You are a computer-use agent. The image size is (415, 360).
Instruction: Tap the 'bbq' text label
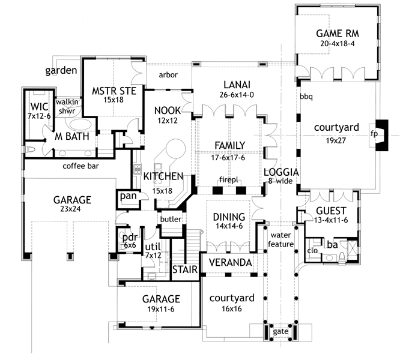(306, 96)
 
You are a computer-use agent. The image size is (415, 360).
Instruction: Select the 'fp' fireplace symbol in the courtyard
(374, 133)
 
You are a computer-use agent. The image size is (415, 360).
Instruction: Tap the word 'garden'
(61, 71)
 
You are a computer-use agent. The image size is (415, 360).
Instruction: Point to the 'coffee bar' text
(81, 166)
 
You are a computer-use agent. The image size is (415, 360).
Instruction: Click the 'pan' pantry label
(127, 196)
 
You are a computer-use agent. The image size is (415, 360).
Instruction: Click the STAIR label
(184, 270)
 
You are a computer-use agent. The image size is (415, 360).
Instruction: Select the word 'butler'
(171, 220)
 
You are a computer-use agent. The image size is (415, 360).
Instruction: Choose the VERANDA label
(229, 263)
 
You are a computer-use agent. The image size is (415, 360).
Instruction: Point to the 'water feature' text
(280, 239)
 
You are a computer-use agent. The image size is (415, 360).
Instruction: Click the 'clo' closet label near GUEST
(312, 250)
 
